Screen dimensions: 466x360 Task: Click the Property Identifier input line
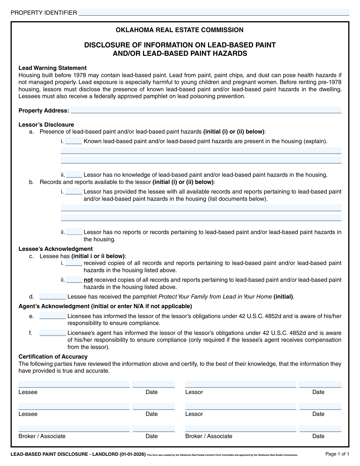click(214, 13)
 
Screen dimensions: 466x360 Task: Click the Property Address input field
click(206, 110)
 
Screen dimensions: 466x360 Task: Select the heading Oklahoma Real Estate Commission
click(179, 30)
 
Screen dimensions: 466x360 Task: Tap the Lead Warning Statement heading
click(52, 68)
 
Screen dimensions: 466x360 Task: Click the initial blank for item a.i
click(73, 141)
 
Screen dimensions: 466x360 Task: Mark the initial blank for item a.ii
click(74, 175)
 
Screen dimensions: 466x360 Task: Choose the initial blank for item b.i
click(73, 191)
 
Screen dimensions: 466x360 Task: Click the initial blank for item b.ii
click(74, 232)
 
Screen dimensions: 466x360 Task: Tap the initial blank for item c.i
click(73, 263)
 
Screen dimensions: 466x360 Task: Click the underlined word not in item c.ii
click(88, 280)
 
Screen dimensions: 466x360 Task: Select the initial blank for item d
click(52, 297)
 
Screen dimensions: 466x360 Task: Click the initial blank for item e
click(52, 316)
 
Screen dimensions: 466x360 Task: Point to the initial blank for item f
click(52, 333)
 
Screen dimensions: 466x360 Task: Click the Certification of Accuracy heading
click(53, 356)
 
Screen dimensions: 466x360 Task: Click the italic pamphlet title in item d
click(215, 297)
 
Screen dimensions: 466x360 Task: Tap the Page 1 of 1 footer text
click(337, 454)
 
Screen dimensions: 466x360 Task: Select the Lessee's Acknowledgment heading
click(55, 249)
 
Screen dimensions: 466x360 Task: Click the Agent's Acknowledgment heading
click(105, 306)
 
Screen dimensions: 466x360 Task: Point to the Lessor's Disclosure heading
click(46, 125)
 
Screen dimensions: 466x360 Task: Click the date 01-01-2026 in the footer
click(133, 454)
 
